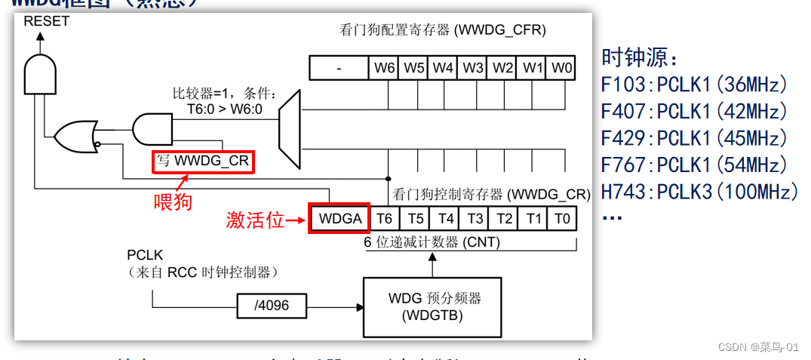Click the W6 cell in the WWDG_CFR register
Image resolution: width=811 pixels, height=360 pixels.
click(384, 68)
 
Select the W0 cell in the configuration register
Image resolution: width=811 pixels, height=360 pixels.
click(561, 68)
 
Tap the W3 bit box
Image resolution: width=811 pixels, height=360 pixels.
click(473, 68)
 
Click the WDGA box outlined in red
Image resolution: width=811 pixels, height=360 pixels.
click(339, 218)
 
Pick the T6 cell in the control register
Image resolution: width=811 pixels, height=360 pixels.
click(384, 218)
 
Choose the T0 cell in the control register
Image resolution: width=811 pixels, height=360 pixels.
click(561, 218)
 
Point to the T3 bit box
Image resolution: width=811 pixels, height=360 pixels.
click(475, 218)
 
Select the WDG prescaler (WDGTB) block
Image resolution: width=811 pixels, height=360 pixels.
click(432, 306)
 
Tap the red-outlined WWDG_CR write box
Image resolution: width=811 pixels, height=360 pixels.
click(203, 162)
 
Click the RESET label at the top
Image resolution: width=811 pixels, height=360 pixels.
click(46, 21)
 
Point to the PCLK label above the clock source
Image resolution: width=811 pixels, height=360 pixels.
click(145, 256)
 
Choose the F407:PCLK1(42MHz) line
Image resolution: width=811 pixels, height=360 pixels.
click(694, 112)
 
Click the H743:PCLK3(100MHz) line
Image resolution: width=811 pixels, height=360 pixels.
click(699, 192)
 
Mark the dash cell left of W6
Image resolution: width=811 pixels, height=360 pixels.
click(339, 68)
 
